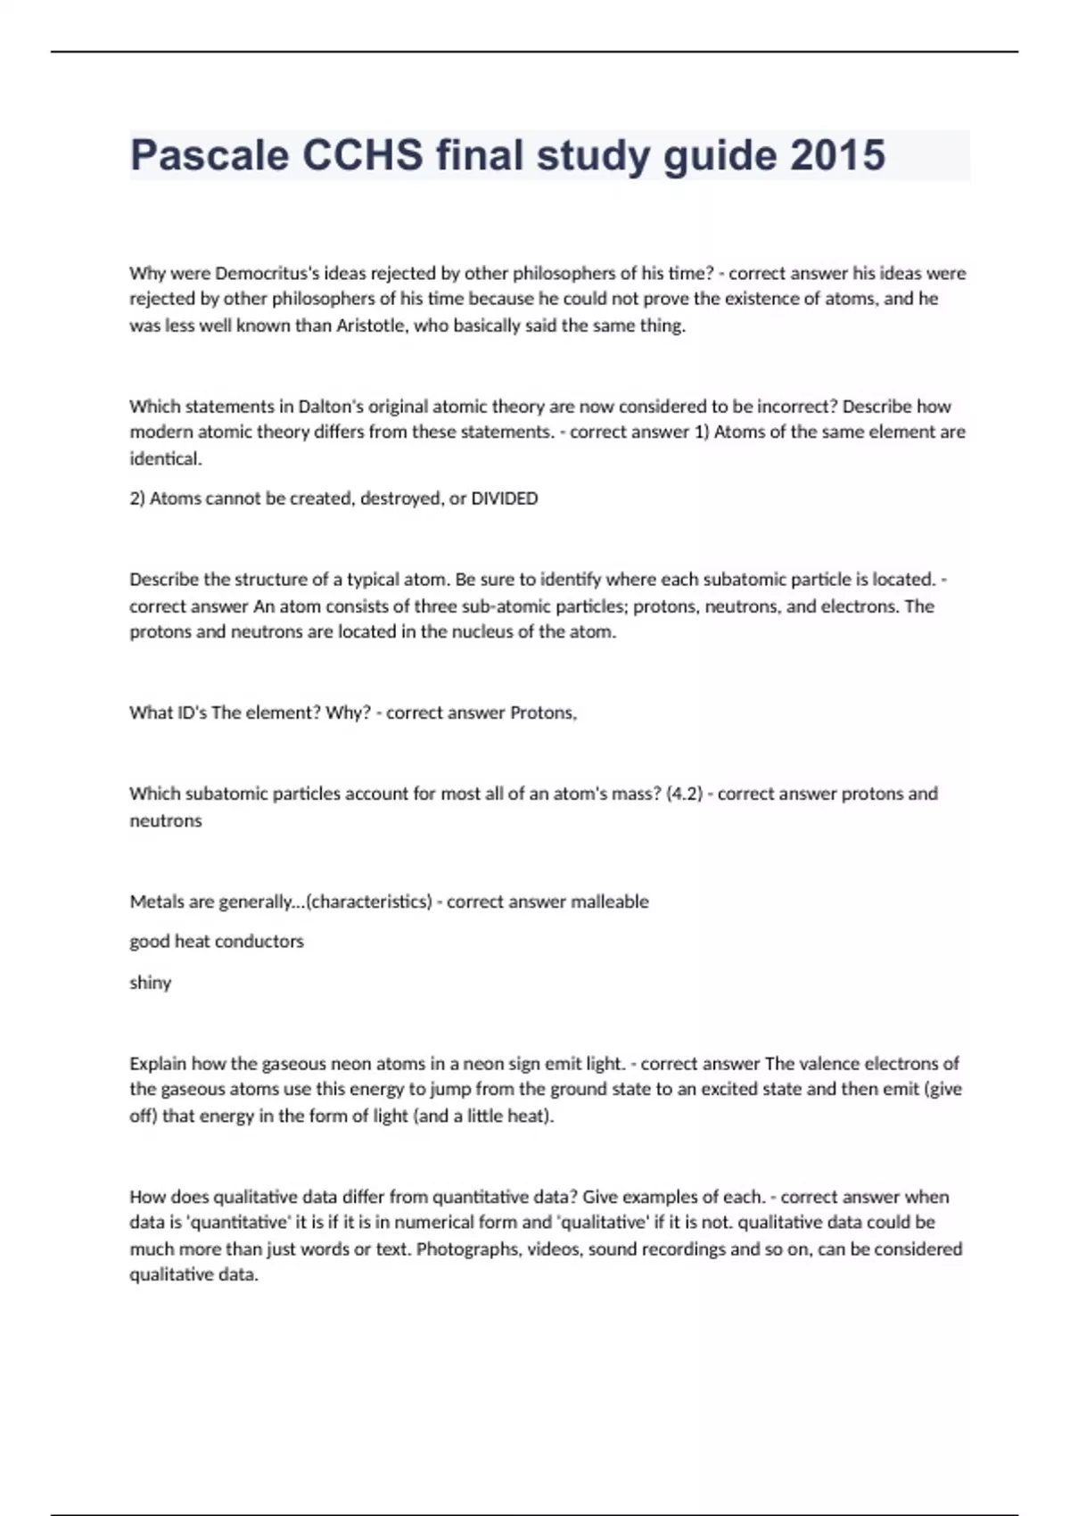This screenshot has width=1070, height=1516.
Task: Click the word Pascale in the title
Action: click(x=210, y=155)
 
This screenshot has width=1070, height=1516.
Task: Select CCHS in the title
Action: click(x=363, y=155)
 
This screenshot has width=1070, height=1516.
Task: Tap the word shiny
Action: click(x=150, y=983)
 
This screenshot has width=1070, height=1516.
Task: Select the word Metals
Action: click(x=155, y=902)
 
